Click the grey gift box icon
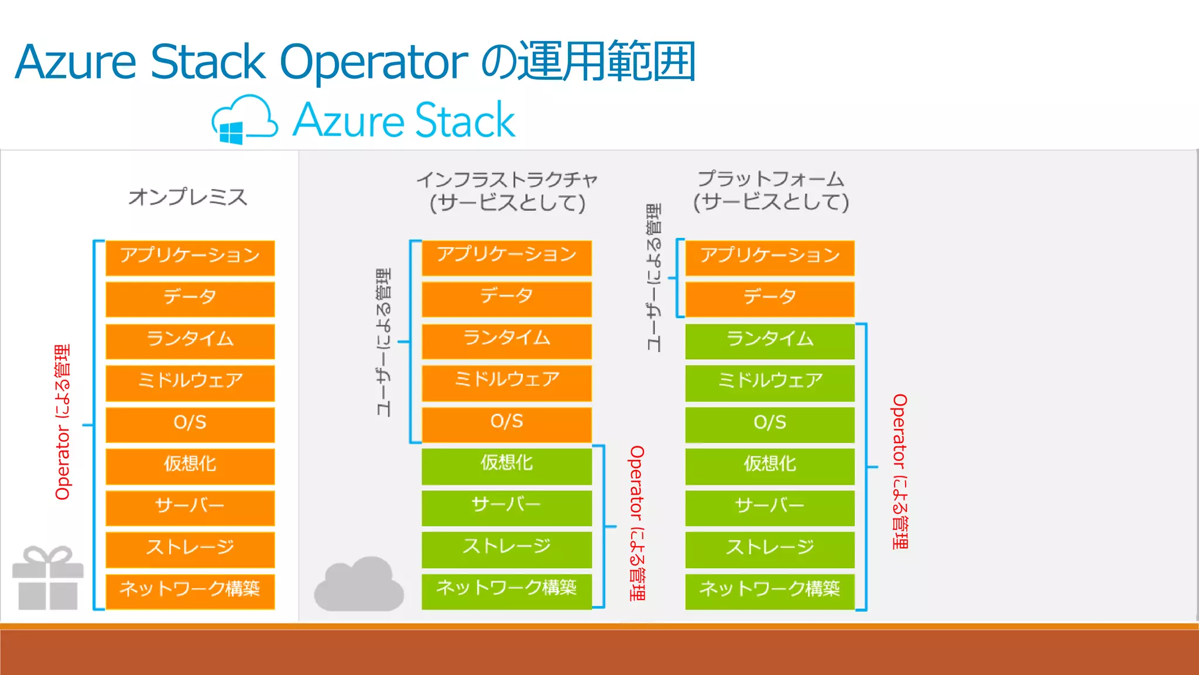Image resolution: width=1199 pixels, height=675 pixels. point(48,578)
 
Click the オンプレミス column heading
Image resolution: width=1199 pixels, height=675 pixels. point(188,197)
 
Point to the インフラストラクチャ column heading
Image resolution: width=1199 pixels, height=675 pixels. point(507,179)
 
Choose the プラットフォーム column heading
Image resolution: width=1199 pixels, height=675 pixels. point(770,179)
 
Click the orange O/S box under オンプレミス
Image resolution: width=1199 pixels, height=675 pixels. point(190,423)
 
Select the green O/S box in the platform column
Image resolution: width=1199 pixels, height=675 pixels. point(770,423)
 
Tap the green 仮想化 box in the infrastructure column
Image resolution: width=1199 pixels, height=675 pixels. point(507,464)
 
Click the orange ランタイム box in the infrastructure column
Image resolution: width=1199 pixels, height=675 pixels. point(507,339)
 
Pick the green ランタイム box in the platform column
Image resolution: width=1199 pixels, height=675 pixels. point(770,340)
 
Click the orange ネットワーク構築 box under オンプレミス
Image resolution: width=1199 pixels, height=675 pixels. point(190,589)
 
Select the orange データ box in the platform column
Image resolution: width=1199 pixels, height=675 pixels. point(770,298)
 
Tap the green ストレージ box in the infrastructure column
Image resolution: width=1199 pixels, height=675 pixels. point(507,547)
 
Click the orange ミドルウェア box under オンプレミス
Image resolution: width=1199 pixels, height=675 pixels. point(190,381)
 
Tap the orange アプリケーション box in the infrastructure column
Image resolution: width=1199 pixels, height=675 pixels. point(507,256)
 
